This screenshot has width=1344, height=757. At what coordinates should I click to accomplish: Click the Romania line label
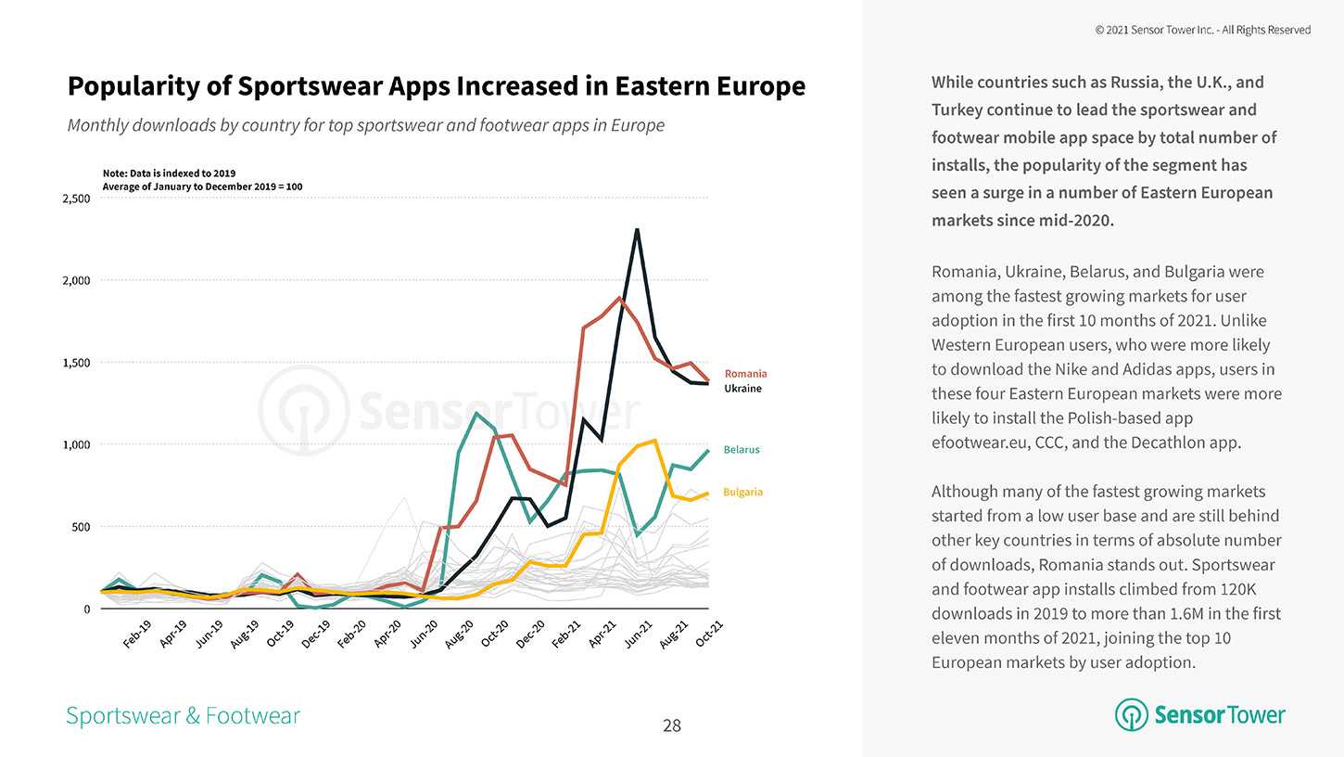tap(745, 374)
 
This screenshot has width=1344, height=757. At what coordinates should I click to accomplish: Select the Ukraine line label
tap(742, 389)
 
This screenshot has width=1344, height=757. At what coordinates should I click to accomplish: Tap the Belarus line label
tap(742, 450)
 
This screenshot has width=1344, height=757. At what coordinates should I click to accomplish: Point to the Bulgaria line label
tap(743, 492)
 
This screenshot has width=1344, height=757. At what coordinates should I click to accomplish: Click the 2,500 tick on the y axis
tap(76, 199)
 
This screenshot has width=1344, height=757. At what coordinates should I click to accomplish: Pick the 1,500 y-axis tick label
tap(76, 363)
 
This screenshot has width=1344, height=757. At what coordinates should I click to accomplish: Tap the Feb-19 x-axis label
tap(136, 635)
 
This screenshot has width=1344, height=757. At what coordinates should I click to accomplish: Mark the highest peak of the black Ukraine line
tap(637, 229)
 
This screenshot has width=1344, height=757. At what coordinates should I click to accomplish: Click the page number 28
tap(672, 725)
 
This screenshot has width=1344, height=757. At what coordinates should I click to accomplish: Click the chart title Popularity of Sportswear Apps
tap(436, 86)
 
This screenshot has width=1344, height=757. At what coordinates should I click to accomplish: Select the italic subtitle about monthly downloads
tap(365, 125)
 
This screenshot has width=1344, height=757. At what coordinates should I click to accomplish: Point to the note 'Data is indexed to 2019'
tap(169, 173)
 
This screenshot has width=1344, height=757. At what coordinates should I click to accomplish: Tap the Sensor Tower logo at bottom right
tap(1200, 714)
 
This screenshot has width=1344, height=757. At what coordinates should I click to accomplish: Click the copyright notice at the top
tap(1202, 30)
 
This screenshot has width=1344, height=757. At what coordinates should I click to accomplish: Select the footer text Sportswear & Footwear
tap(183, 715)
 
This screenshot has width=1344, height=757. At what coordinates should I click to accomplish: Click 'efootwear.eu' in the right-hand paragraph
tap(976, 443)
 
